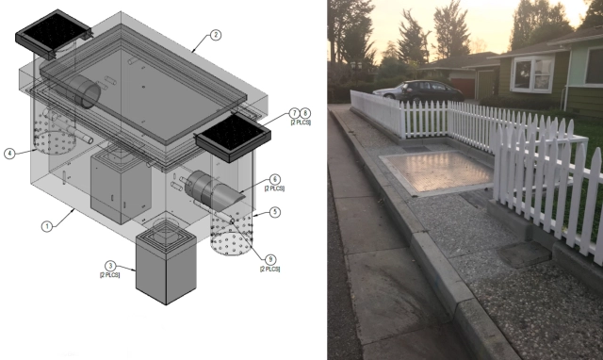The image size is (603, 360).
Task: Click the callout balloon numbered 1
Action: tap(47, 226)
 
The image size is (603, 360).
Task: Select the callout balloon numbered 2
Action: tap(216, 35)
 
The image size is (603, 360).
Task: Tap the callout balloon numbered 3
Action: tap(110, 266)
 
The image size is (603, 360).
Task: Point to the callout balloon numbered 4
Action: tap(9, 154)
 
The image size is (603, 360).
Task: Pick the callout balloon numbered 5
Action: tap(274, 212)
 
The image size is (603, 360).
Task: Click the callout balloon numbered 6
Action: tap(274, 179)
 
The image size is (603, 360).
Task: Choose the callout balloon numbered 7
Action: tap(295, 113)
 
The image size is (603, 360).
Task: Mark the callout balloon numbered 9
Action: tap(270, 259)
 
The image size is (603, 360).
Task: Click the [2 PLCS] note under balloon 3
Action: tap(110, 275)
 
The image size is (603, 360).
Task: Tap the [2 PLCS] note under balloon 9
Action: tap(270, 269)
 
